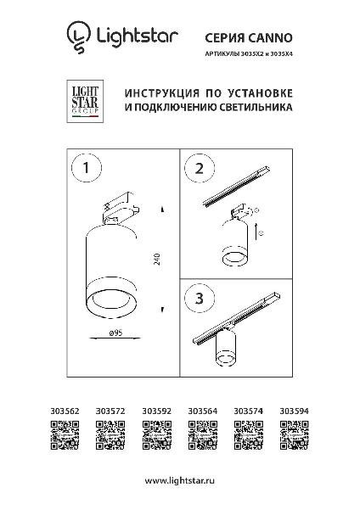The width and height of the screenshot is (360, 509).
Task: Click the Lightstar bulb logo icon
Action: (79, 37)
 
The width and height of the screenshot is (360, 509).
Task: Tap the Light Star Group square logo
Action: (85, 102)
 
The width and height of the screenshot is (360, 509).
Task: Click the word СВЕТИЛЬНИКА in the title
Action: (256, 107)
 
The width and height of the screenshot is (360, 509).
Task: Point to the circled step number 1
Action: (86, 168)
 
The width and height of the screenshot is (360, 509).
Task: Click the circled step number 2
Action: (200, 169)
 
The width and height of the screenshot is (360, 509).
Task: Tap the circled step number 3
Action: (200, 298)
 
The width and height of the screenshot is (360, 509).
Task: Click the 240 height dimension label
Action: (157, 259)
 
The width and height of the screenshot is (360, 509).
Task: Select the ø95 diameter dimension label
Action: (116, 333)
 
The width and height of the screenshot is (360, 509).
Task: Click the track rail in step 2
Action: (237, 187)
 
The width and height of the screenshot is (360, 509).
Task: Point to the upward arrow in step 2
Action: (256, 232)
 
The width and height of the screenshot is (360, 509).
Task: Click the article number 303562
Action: (65, 411)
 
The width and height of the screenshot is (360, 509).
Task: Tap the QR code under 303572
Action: (110, 435)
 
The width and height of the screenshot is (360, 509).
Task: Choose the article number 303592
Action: (156, 411)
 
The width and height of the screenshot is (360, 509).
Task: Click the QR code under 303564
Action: (203, 435)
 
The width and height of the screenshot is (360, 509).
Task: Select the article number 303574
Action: (249, 411)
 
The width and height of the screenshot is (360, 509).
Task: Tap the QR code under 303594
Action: (295, 435)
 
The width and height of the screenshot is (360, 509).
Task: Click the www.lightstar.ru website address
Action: (180, 481)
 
